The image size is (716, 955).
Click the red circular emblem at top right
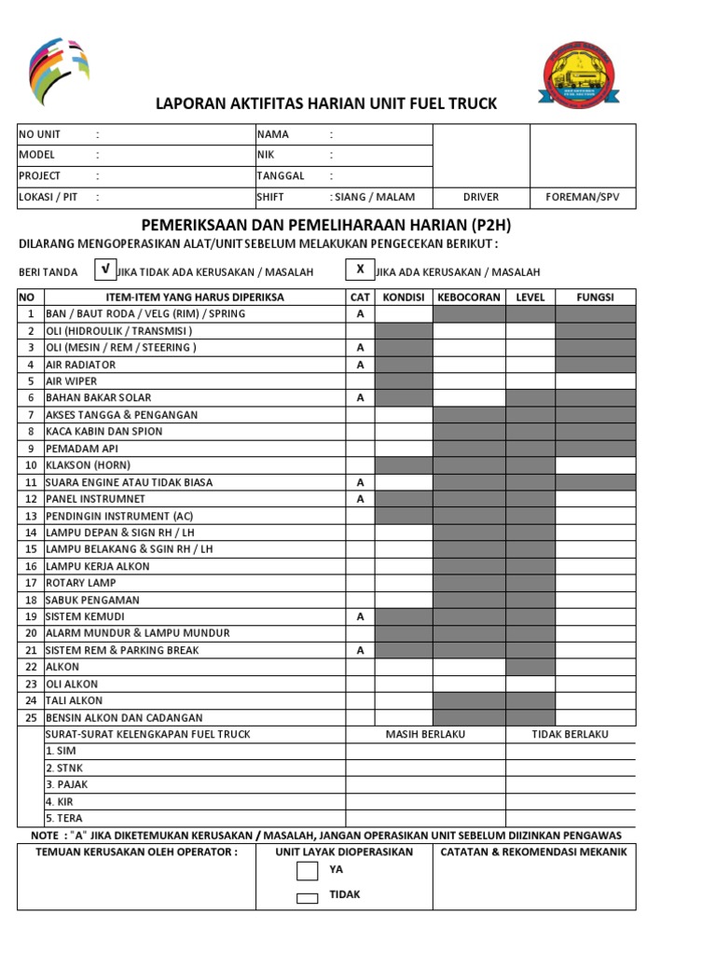(579, 76)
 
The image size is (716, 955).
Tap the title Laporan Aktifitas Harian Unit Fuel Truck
(326, 104)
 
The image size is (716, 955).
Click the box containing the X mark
(359, 270)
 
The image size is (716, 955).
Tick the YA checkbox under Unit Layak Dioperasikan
(307, 871)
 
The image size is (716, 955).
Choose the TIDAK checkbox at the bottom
(307, 898)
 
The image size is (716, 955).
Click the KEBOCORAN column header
(469, 298)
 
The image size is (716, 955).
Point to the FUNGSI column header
(595, 298)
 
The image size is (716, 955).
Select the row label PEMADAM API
(83, 449)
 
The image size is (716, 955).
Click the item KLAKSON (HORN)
(89, 465)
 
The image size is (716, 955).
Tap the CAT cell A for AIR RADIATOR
(359, 365)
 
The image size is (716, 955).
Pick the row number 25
(31, 718)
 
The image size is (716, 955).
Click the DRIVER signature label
(481, 198)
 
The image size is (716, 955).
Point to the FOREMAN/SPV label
(583, 198)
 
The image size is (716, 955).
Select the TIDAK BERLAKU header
(570, 734)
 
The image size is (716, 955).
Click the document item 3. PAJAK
(67, 784)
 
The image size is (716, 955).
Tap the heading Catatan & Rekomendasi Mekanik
(533, 851)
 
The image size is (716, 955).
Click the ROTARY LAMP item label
(81, 583)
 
